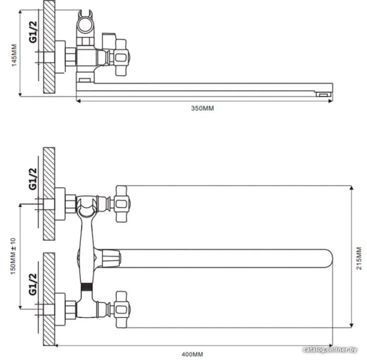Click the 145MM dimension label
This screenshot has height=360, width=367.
[15, 55]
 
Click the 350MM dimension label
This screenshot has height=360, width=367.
[202, 108]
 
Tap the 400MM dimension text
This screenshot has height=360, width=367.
[192, 354]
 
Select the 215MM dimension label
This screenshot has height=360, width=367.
[359, 258]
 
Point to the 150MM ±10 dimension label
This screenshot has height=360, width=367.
[13, 256]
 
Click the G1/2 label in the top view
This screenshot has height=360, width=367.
[33, 32]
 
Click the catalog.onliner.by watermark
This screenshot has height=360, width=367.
[330, 350]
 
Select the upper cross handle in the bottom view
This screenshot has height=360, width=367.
[122, 204]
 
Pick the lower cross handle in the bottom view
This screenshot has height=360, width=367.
[122, 310]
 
